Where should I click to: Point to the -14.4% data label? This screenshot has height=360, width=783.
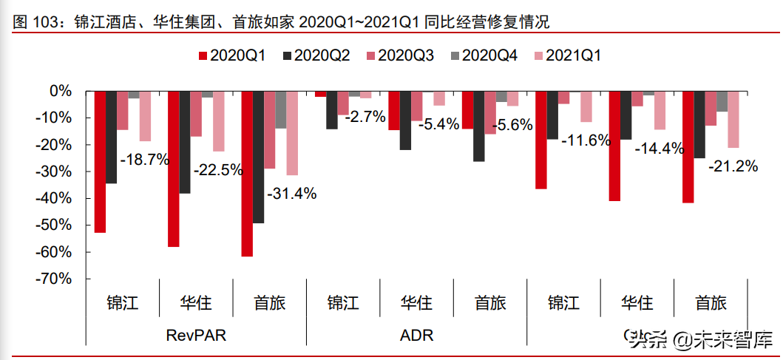pos(660,149)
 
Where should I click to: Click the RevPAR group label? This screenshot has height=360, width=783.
pos(196,336)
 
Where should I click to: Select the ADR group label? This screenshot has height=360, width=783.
pos(416,336)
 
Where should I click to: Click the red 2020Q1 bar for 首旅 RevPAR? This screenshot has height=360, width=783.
pos(247,174)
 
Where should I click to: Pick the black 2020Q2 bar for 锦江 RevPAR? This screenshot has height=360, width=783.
pos(112,137)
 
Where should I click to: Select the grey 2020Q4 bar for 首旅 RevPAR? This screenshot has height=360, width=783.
pos(280,109)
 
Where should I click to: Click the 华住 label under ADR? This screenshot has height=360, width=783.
pos(416,303)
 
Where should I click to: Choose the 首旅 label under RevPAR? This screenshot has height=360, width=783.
pos(270,303)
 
